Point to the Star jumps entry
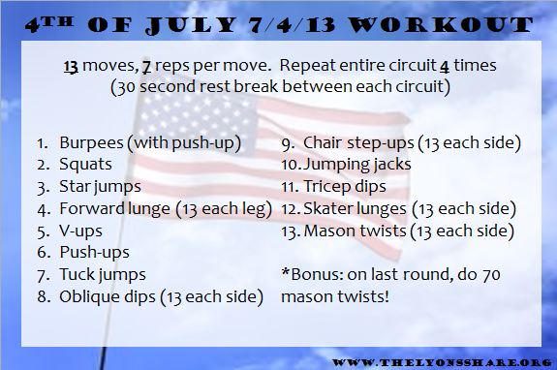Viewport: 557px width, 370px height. (x=97, y=186)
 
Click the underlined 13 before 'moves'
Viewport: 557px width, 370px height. (x=71, y=67)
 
